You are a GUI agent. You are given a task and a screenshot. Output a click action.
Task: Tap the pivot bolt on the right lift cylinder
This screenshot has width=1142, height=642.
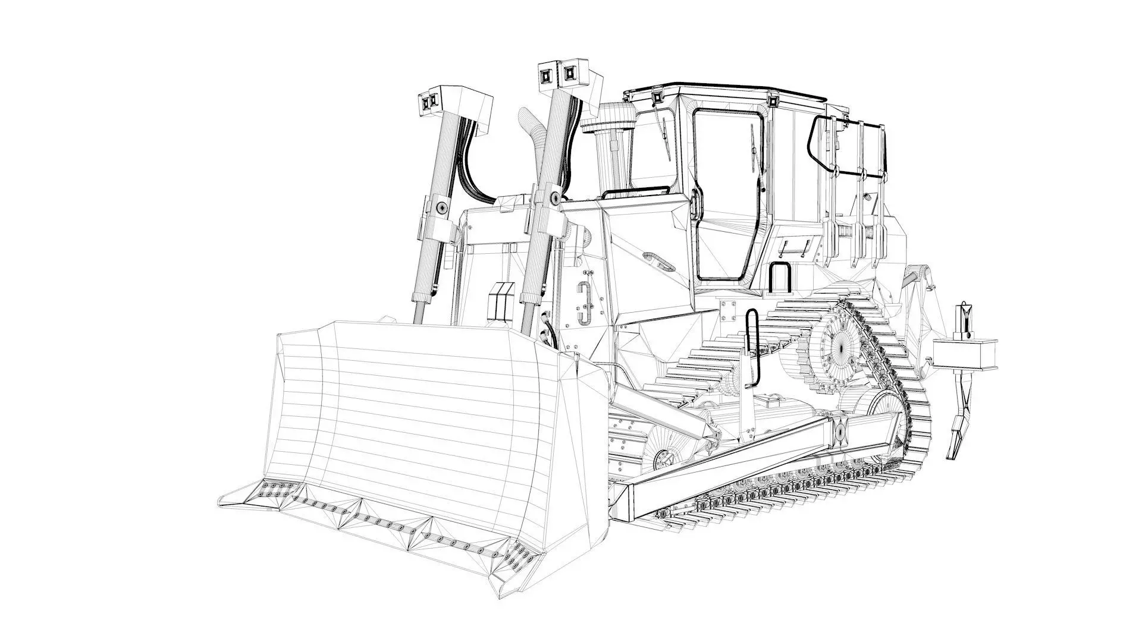pos(554,197)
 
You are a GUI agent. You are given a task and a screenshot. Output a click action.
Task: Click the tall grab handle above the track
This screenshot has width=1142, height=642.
pos(753,348)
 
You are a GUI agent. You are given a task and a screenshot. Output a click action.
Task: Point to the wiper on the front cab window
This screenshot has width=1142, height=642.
pos(665,137)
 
